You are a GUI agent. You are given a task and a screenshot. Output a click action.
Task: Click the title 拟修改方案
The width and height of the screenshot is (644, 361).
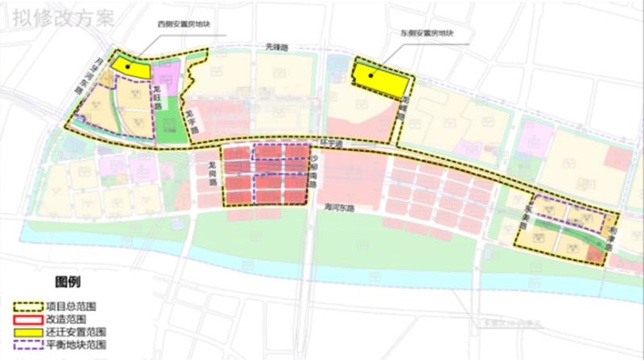click(59, 18)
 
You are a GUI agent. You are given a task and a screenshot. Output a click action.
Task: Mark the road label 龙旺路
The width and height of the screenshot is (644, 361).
click(159, 98)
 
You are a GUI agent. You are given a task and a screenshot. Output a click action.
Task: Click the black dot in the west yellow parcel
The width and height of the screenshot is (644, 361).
click(125, 66)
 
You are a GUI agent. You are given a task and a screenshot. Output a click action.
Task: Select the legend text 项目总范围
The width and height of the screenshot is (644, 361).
click(71, 306)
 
